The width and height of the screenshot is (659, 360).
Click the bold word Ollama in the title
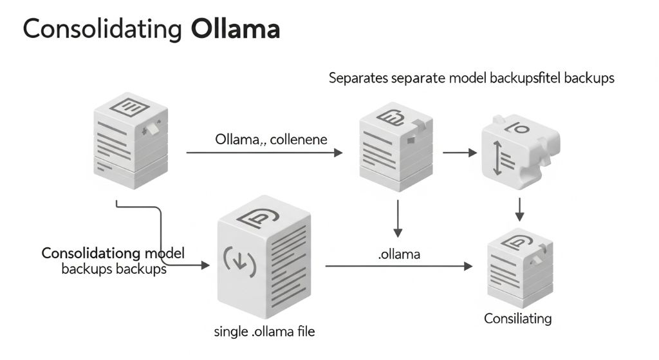236,30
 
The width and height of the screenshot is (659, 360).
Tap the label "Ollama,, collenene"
271,139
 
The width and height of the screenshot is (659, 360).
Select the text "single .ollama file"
264,332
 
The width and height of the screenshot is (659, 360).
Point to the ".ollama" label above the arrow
398,254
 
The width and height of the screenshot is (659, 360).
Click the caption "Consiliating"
517,318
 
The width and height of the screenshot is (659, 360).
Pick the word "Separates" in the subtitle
357,79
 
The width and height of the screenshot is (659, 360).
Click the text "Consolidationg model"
113,253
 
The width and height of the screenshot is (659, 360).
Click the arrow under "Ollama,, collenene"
265,153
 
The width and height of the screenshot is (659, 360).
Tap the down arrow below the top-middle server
397,218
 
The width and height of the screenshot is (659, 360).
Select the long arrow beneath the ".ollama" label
398,265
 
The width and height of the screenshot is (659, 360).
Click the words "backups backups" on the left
114,269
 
